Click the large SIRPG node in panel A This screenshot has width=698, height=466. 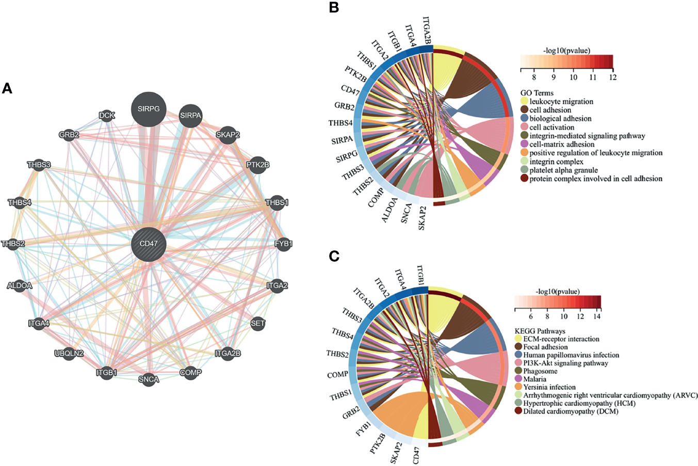tap(149, 109)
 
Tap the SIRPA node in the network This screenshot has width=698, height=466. tap(190, 116)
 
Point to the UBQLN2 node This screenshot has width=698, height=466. tap(69, 353)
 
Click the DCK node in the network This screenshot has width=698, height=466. tap(106, 116)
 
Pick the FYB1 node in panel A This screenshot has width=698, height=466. tap(283, 244)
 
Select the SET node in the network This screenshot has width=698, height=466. tap(257, 324)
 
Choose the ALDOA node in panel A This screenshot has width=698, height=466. tap(20, 285)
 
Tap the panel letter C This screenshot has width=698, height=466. tap(334, 256)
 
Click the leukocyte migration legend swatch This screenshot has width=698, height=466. tap(524, 102)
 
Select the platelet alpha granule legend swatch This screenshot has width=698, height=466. tap(524, 170)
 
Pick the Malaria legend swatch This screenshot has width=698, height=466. tap(518, 379)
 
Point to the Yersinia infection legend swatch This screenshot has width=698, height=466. tap(518, 387)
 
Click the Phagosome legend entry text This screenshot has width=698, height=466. tap(540, 371)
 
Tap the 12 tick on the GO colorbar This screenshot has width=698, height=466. tap(612, 77)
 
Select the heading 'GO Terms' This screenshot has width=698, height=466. tap(537, 93)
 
